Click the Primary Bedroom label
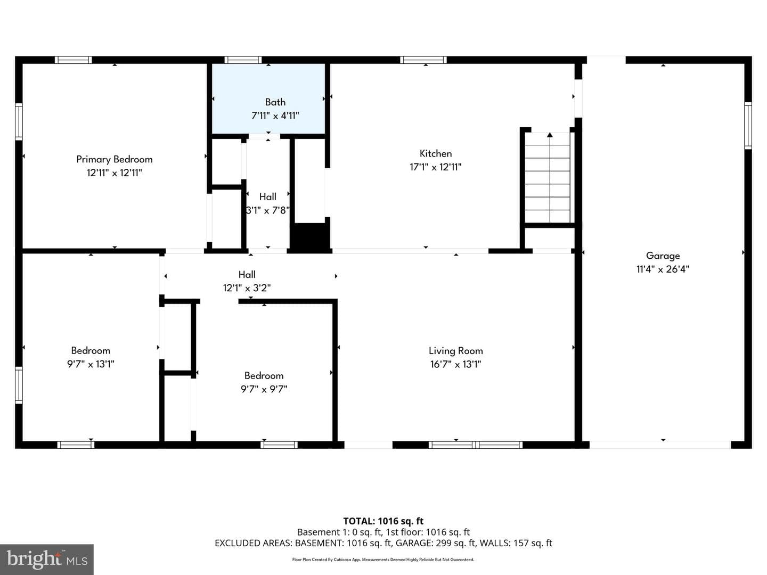tap(115, 159)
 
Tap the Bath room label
tap(275, 102)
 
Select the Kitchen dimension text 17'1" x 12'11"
tap(435, 167)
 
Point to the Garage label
tap(663, 256)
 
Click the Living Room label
tap(455, 350)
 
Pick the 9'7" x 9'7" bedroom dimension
tap(264, 389)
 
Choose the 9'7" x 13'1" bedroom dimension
tap(91, 364)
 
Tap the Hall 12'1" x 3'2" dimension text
tap(247, 288)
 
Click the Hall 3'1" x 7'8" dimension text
tap(268, 210)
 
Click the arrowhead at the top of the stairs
tap(550, 135)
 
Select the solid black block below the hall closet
tap(310, 236)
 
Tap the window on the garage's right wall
tap(748, 126)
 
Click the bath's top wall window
tap(243, 60)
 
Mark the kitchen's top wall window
tap(423, 60)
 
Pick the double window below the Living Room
tap(476, 445)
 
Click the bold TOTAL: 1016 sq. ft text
tap(383, 521)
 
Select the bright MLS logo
tap(47, 560)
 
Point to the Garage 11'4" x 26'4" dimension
tap(663, 269)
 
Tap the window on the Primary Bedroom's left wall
tap(19, 121)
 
